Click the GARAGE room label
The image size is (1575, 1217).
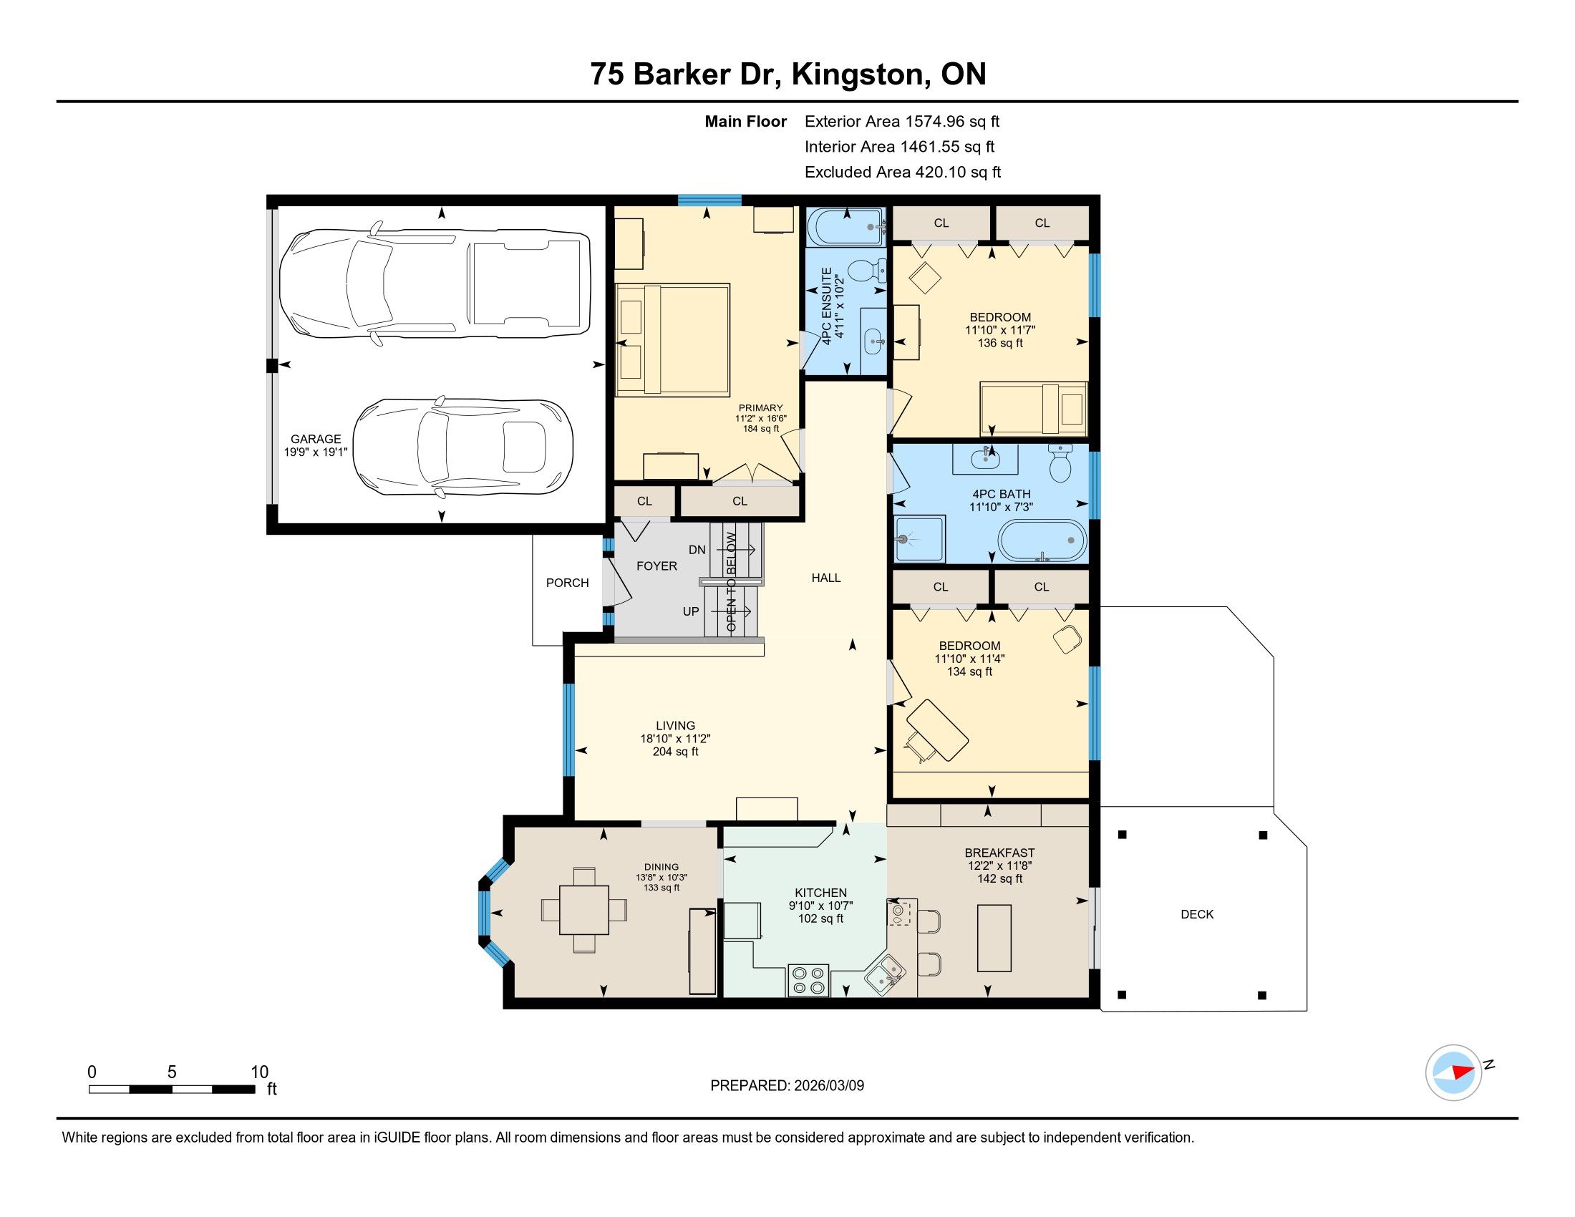pos(316,439)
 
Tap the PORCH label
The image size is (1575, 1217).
pos(568,583)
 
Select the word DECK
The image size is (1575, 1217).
pos(1197,914)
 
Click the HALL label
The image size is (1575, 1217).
pos(825,578)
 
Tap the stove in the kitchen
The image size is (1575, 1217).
pos(808,980)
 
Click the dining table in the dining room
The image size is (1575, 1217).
pos(583,910)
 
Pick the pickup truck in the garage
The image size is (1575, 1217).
pos(435,284)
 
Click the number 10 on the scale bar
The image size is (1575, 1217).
pos(260,1072)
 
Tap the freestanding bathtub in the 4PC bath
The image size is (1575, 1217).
pos(1042,540)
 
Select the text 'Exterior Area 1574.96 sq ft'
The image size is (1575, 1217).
pos(902,122)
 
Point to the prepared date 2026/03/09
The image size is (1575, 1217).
pos(828,1085)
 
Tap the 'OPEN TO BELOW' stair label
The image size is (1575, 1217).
pos(731,582)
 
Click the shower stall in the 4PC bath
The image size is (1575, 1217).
pos(919,538)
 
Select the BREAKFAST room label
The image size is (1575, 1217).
pos(999,853)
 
